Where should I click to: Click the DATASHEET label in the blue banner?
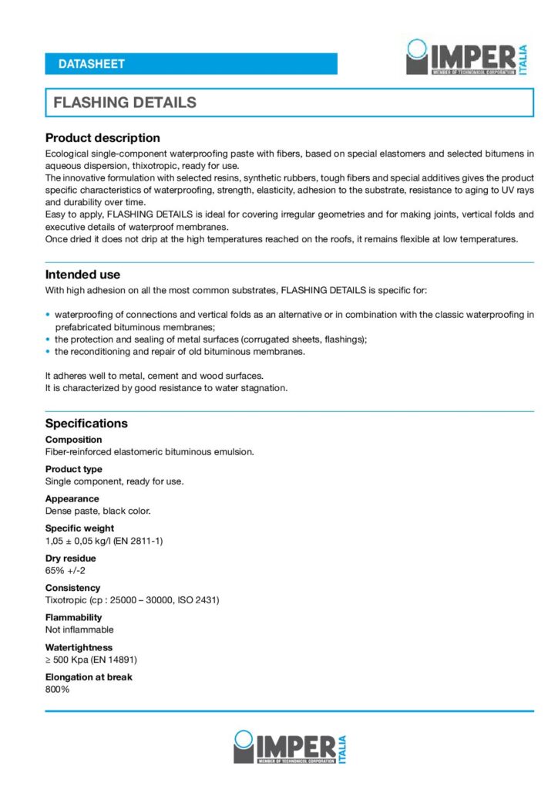click(x=91, y=64)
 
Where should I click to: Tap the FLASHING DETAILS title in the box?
click(x=125, y=103)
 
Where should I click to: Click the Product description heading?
click(x=103, y=138)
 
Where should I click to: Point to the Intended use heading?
click(x=82, y=275)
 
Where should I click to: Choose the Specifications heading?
click(x=86, y=424)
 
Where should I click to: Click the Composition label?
click(x=73, y=440)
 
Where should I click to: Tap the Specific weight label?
click(x=79, y=528)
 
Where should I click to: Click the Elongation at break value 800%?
click(x=57, y=689)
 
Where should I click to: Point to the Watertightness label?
click(x=79, y=647)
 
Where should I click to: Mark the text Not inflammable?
click(x=79, y=630)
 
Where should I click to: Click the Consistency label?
click(x=72, y=588)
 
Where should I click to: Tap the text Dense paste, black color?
click(x=98, y=511)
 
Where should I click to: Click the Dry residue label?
click(x=70, y=559)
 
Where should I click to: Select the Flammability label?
click(x=73, y=617)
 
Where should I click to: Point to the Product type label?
click(x=73, y=469)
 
